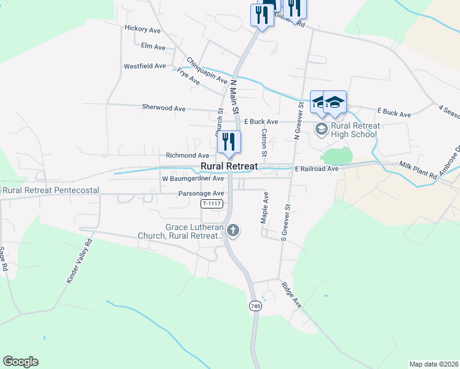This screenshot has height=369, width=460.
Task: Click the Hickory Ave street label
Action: click(142, 28)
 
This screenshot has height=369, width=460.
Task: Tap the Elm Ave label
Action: click(153, 47)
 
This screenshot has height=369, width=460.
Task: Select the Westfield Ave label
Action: click(145, 66)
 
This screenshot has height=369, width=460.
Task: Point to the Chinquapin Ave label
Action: click(207, 69)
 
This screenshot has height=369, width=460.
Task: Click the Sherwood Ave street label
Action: click(164, 108)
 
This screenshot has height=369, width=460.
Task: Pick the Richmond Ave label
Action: click(188, 156)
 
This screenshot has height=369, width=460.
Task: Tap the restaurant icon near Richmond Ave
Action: click(229, 142)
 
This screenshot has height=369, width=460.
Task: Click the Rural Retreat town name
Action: click(229, 167)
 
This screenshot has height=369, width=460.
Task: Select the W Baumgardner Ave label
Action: click(192, 179)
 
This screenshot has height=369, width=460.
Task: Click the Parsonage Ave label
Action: click(200, 194)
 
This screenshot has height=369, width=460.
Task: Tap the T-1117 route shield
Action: click(210, 204)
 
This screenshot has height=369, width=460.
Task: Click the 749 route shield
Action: click(255, 306)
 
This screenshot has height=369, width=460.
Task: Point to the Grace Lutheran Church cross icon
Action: click(232, 231)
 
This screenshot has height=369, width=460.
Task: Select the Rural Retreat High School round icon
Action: click(321, 129)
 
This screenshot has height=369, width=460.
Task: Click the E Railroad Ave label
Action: click(317, 169)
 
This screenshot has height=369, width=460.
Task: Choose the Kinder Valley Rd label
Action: click(79, 261)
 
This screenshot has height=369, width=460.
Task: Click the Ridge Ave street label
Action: click(291, 295)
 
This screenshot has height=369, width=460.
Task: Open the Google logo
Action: click(20, 362)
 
